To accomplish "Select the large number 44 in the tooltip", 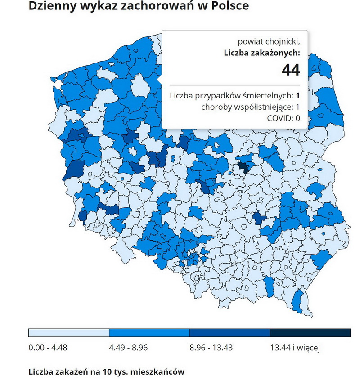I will [x=291, y=70].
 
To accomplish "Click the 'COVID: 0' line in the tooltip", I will [x=283, y=119].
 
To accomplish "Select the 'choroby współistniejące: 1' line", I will [x=250, y=107].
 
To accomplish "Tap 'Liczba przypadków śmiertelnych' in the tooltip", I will [x=230, y=95].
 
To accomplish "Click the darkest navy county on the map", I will [x=243, y=167].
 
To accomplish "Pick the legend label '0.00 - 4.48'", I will [x=47, y=348].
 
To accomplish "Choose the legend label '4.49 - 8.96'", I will [x=129, y=348].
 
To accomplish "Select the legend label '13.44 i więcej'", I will [x=295, y=348].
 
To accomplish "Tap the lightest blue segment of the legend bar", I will [x=68, y=333].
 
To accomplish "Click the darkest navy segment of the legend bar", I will [x=310, y=333].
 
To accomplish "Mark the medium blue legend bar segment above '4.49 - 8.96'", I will [x=149, y=333].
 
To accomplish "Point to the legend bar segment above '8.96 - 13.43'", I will [x=229, y=333].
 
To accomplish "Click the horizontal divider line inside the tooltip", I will [x=234, y=85].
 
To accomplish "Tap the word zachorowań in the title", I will [x=153, y=6].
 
